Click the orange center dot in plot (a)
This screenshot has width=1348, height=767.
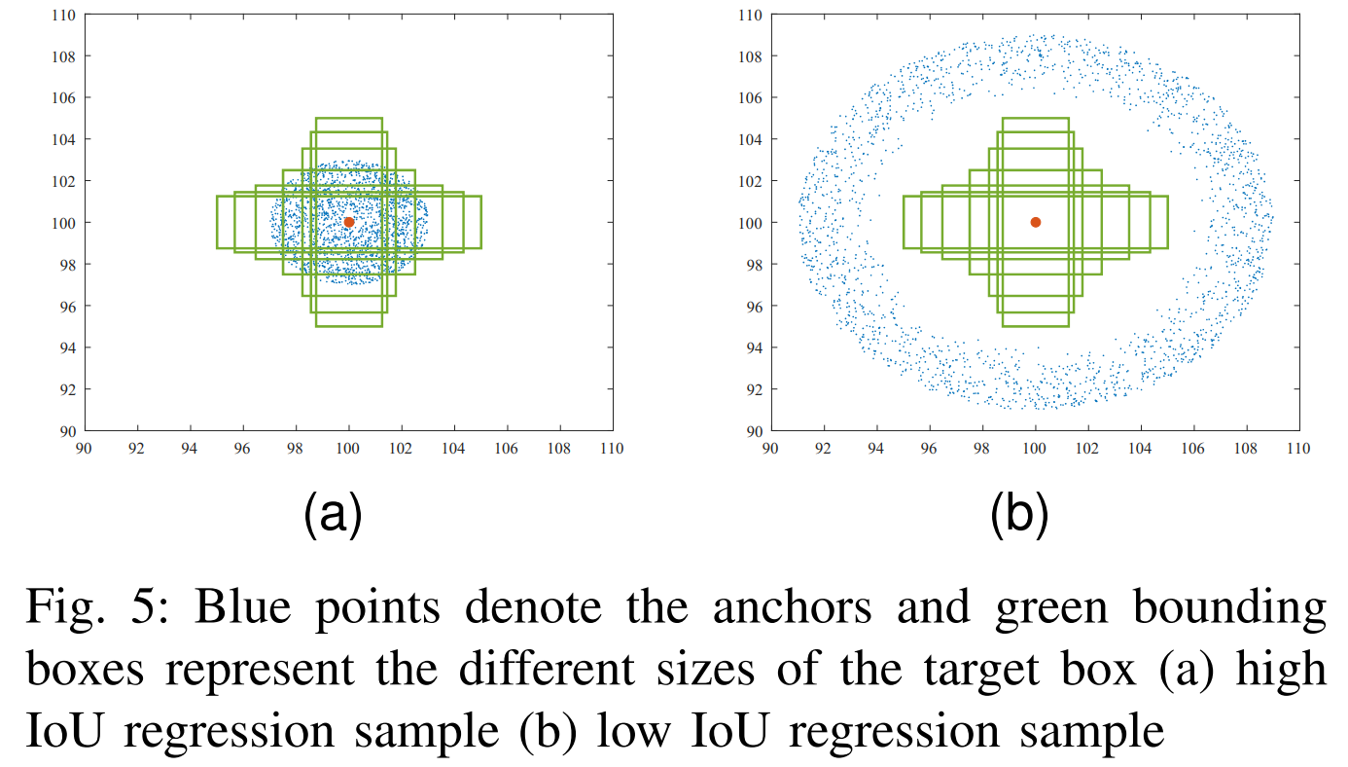(349, 222)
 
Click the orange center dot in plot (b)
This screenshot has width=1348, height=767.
(1036, 222)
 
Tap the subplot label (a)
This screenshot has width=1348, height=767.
(333, 515)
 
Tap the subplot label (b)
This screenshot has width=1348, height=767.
(1019, 515)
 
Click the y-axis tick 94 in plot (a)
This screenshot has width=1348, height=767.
(66, 347)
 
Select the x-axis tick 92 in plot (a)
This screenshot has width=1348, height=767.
(137, 449)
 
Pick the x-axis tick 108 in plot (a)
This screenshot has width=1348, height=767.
(558, 449)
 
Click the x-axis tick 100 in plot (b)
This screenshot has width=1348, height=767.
(1035, 449)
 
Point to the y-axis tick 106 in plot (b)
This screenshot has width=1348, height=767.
(749, 97)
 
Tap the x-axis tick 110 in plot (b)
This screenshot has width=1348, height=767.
(1297, 449)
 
